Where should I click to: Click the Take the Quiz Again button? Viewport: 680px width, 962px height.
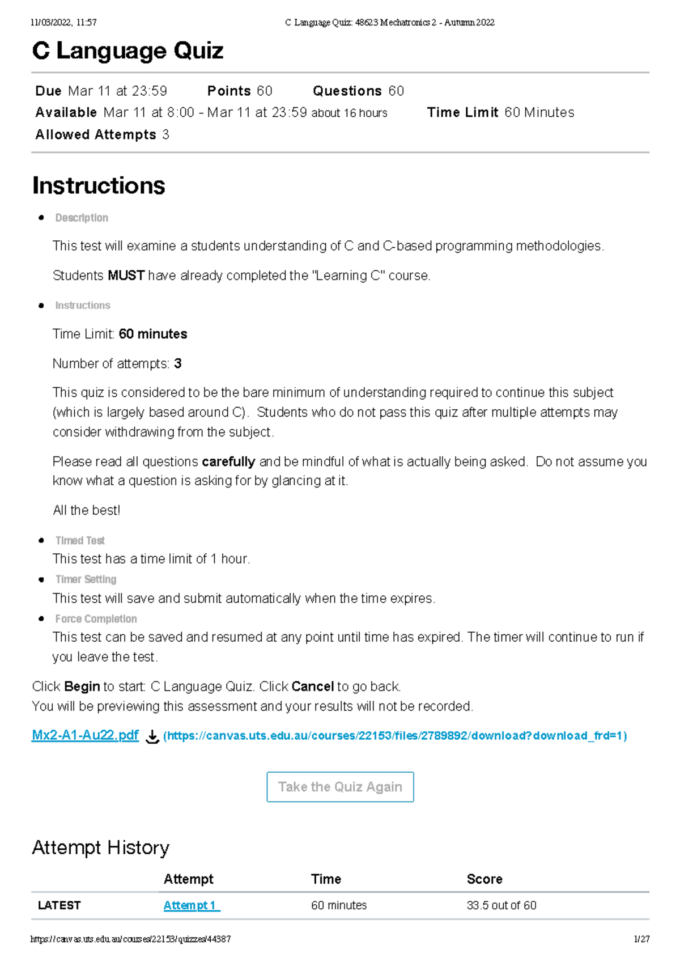(340, 787)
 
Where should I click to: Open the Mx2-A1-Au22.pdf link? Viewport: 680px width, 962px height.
(85, 735)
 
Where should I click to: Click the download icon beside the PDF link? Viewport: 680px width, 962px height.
(152, 736)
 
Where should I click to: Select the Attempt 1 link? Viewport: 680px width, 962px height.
(192, 905)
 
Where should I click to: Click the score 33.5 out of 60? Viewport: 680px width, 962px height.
(501, 905)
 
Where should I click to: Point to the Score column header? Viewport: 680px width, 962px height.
(484, 879)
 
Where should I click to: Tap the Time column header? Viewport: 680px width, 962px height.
(326, 879)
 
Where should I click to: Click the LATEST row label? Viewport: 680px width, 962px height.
(59, 905)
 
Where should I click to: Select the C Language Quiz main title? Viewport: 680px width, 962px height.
(127, 51)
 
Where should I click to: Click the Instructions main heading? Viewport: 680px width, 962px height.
(99, 186)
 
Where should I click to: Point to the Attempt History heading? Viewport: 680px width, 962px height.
(100, 847)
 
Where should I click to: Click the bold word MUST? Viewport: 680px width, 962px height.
(126, 276)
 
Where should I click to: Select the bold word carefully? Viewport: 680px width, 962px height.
(228, 461)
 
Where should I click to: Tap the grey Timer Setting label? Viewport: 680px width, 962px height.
(86, 579)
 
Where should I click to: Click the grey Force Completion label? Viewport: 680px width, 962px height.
(96, 619)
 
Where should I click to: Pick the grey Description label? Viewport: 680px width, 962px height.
(82, 218)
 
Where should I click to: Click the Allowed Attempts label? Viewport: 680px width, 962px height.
(95, 135)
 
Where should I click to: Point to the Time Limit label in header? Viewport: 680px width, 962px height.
(462, 112)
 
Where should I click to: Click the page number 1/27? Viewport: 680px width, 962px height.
(641, 939)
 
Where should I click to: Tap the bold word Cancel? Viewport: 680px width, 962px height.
(312, 686)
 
